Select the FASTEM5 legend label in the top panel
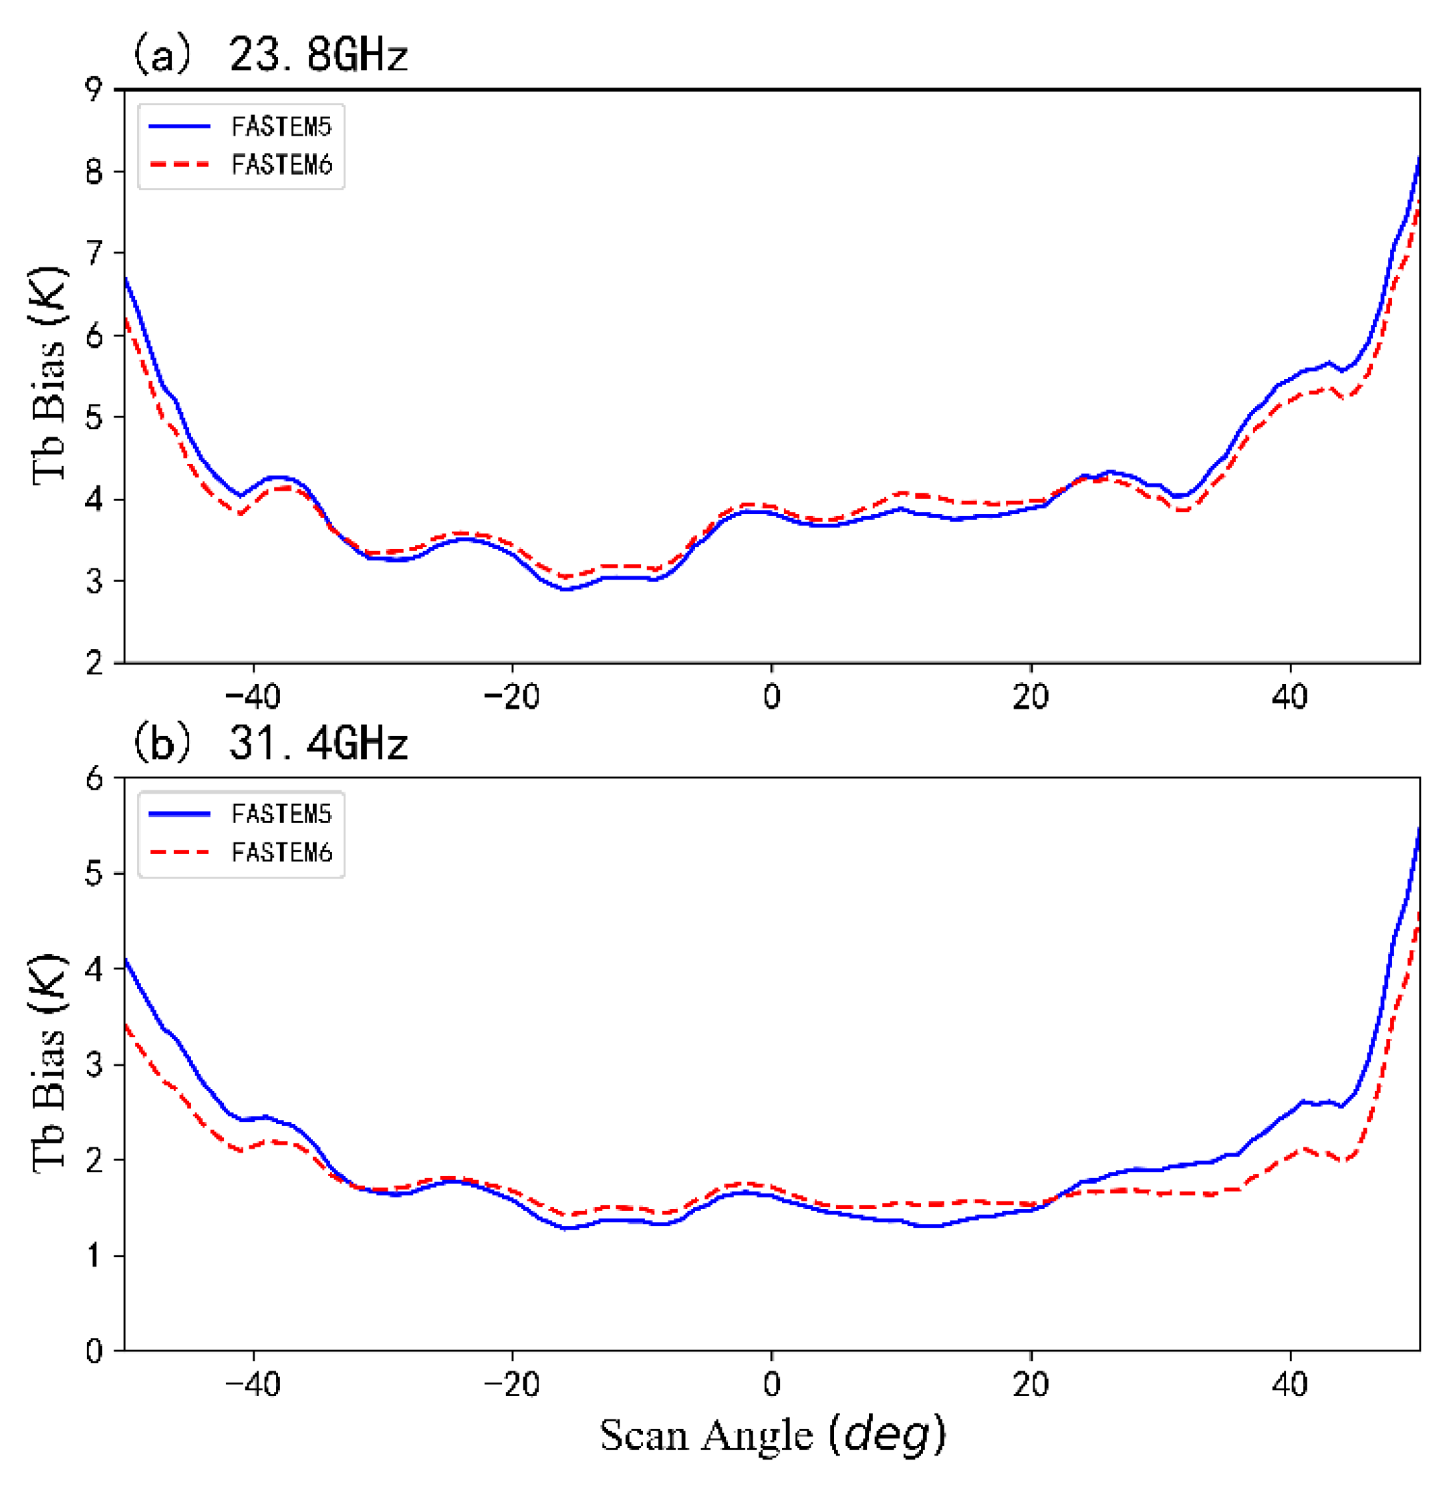pos(281,127)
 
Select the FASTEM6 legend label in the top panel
pos(281,165)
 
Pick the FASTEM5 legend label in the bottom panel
pos(281,814)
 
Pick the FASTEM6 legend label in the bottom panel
pos(281,852)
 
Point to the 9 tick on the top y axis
pos(94,90)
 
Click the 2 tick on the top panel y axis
pos(94,663)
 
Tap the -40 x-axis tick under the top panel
pos(253,697)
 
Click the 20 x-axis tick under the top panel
pos(1031,697)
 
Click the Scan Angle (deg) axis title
pos(772,1435)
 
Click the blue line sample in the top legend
pos(180,127)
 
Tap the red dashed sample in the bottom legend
pos(180,852)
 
